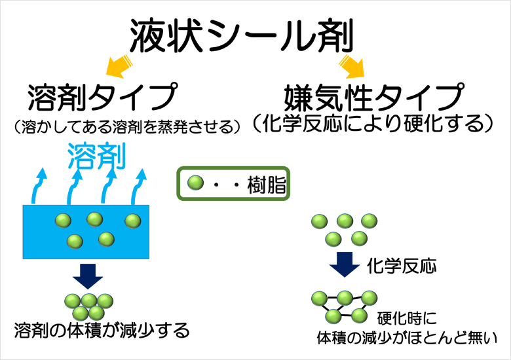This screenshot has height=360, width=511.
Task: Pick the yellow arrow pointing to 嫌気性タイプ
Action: click(x=352, y=64)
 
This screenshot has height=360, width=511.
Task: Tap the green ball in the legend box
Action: click(x=195, y=183)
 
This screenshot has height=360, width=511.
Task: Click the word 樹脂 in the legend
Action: click(x=266, y=185)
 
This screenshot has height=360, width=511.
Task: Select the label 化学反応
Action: click(x=402, y=266)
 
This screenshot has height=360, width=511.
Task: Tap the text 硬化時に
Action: click(x=407, y=319)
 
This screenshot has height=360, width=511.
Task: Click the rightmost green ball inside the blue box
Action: click(x=133, y=220)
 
